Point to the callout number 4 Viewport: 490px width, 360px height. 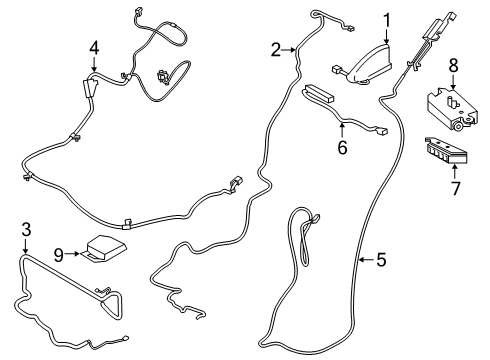click(x=94, y=47)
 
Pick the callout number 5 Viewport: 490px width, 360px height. click(x=380, y=260)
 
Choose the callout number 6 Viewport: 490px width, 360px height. click(x=341, y=148)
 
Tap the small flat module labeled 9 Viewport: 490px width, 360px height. click(x=104, y=247)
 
